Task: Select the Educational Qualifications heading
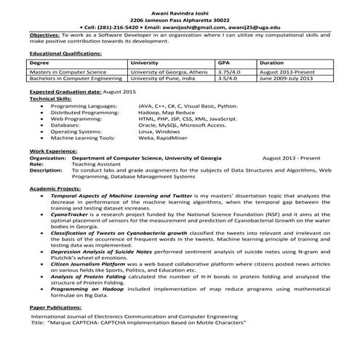pyautogui.click(x=65, y=54)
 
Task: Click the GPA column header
pyautogui.click(x=225, y=63)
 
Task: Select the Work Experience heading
pyautogui.click(x=53, y=151)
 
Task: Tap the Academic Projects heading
pyautogui.click(x=57, y=188)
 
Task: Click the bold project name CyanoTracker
pyautogui.click(x=70, y=215)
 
